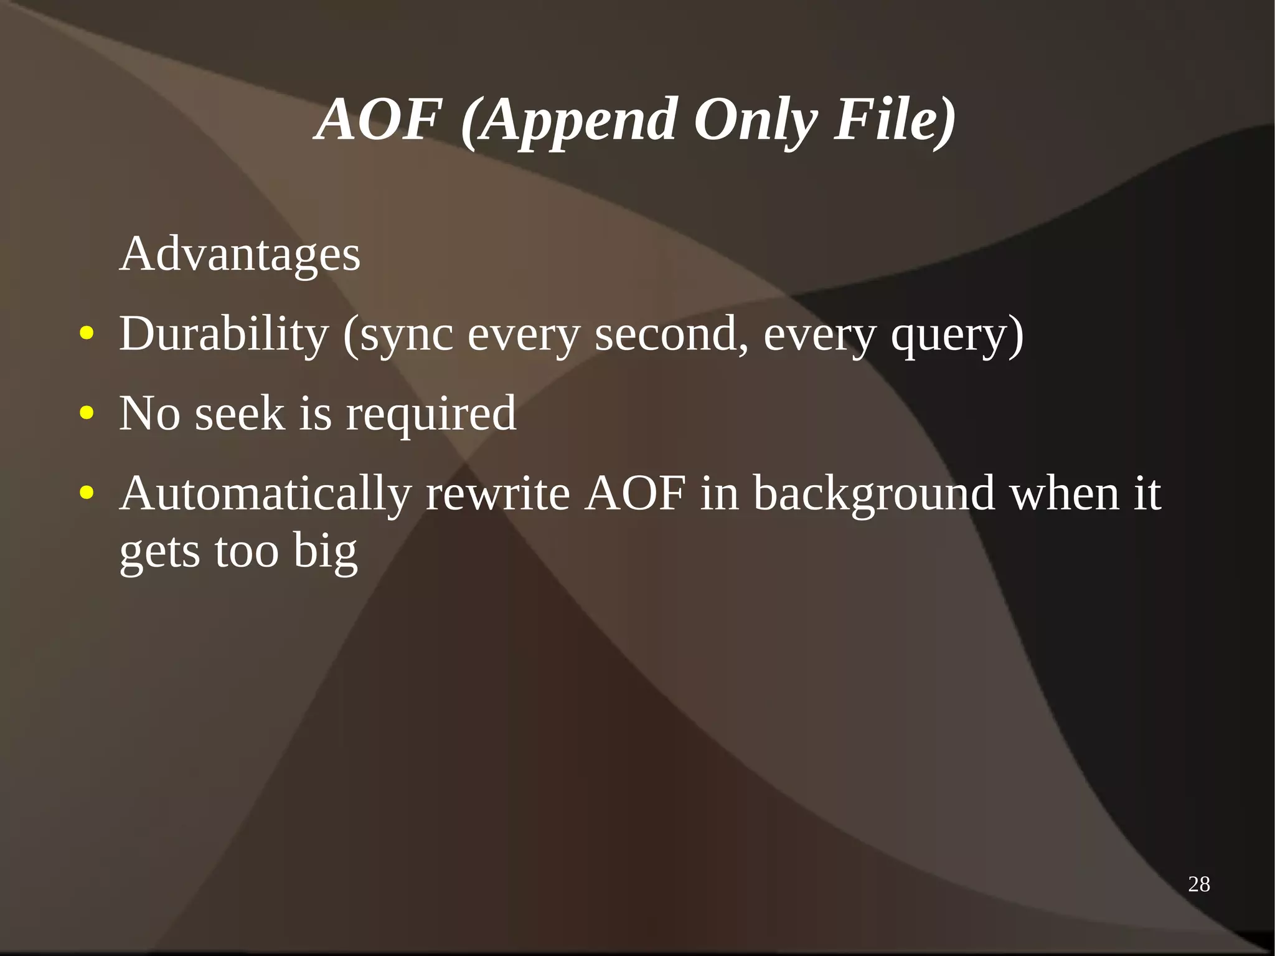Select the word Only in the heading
(x=755, y=120)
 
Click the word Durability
(x=223, y=334)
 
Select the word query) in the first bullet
(x=957, y=335)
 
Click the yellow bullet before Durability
(x=87, y=334)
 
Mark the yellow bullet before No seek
(x=87, y=413)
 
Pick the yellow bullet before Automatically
(x=87, y=493)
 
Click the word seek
(x=240, y=413)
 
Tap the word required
(x=431, y=414)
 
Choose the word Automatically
(x=266, y=493)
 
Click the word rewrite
(x=497, y=493)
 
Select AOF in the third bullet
(x=635, y=493)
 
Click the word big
(x=325, y=552)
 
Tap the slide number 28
(x=1198, y=884)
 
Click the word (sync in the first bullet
(x=398, y=335)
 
